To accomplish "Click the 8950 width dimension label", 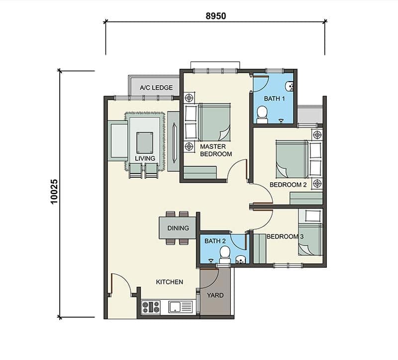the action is coord(216,16).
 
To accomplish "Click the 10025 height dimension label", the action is coord(54,192).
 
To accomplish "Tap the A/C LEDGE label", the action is coord(156,88).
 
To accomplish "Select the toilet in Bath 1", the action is coord(262,115).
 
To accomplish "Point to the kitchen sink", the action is coord(181,307).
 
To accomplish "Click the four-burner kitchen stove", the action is coord(151,307).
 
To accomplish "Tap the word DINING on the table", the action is coord(178,228).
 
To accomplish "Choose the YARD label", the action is coord(215,295).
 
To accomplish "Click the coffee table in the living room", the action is coord(145,142).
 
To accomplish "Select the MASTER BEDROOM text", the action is coord(216,150).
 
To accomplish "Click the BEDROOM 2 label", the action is coord(288,185).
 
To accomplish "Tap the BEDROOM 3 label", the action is coord(285,237).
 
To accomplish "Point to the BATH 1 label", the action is coord(274,98).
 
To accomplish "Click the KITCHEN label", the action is coord(169,282).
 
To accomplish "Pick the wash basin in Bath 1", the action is coord(290,86).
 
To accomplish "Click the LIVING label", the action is coord(145,158).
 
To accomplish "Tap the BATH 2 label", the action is coord(215,241).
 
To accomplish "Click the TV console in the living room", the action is coord(173,141).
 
